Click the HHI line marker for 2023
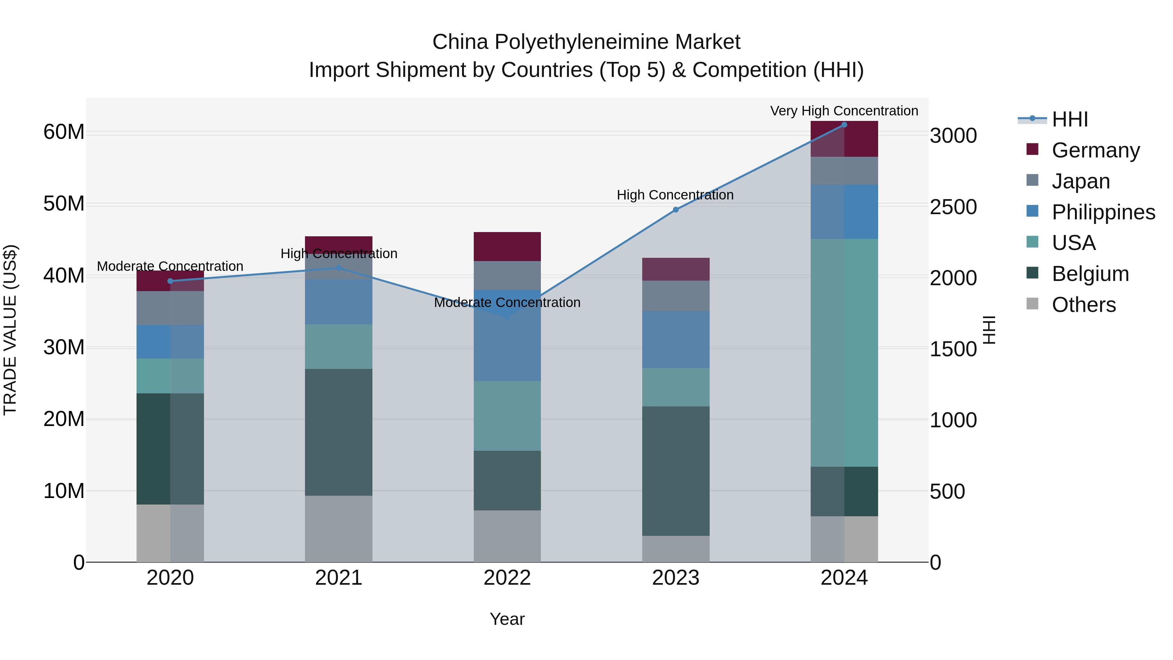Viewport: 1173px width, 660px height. click(676, 210)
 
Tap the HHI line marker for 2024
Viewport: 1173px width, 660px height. click(844, 125)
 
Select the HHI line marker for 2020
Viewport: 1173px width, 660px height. click(170, 281)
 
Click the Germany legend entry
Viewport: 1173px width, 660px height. click(1095, 150)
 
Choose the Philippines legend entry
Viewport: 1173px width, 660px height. click(1103, 212)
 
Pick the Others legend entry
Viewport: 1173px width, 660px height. click(1083, 304)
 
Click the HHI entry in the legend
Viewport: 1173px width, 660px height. click(1070, 119)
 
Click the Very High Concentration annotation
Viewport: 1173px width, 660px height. click(844, 111)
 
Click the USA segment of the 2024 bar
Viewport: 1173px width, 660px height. click(844, 353)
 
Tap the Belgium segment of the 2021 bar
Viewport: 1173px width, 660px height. click(338, 432)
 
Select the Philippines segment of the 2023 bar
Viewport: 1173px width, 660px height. click(676, 339)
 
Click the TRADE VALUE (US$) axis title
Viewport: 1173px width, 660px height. click(10, 330)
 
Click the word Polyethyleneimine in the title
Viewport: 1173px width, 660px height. click(582, 42)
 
